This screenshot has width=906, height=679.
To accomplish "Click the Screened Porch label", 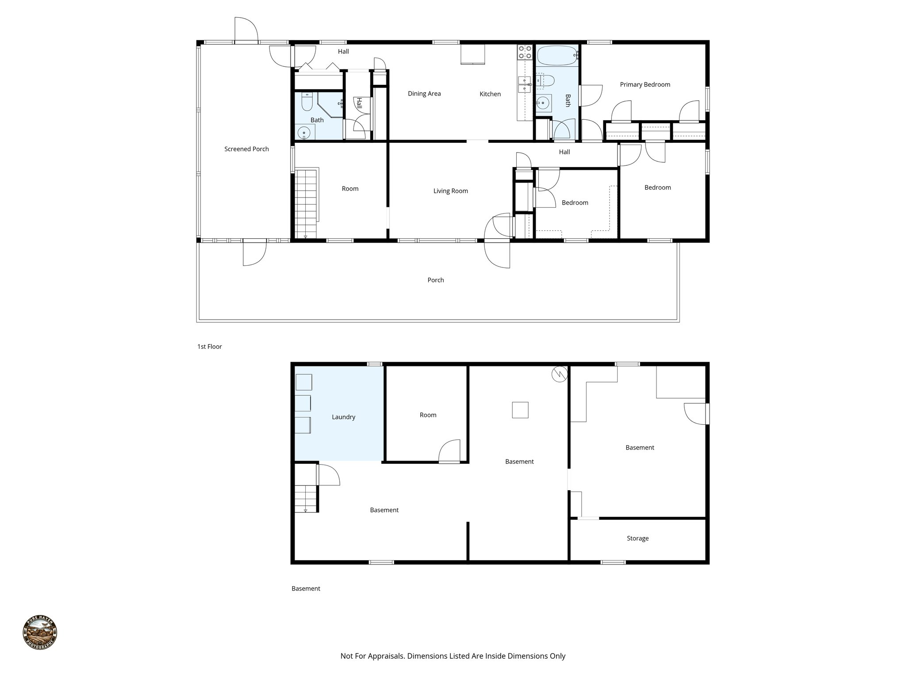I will [246, 149].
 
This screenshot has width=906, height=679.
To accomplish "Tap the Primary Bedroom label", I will [645, 84].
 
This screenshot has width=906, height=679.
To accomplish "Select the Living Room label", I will [450, 191].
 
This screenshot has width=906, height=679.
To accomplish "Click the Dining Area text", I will [424, 94].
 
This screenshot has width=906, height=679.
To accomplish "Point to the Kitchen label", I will [490, 94].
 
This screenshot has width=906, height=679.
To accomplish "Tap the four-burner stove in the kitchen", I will [525, 52].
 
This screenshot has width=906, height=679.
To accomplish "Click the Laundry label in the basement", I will [343, 417].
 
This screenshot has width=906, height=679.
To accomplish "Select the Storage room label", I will [637, 538].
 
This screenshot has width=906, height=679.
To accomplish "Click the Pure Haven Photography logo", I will [40, 633].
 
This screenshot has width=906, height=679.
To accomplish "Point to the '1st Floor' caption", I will [209, 347].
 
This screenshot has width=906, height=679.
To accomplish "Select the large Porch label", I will [435, 280].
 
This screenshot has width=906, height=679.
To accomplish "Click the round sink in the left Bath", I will [304, 132].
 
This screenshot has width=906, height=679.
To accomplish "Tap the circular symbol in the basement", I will [559, 374].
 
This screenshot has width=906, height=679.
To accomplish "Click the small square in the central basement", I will [520, 410].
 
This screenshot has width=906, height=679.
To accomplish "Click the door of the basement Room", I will [449, 452].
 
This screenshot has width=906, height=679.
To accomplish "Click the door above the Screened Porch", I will [246, 30].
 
